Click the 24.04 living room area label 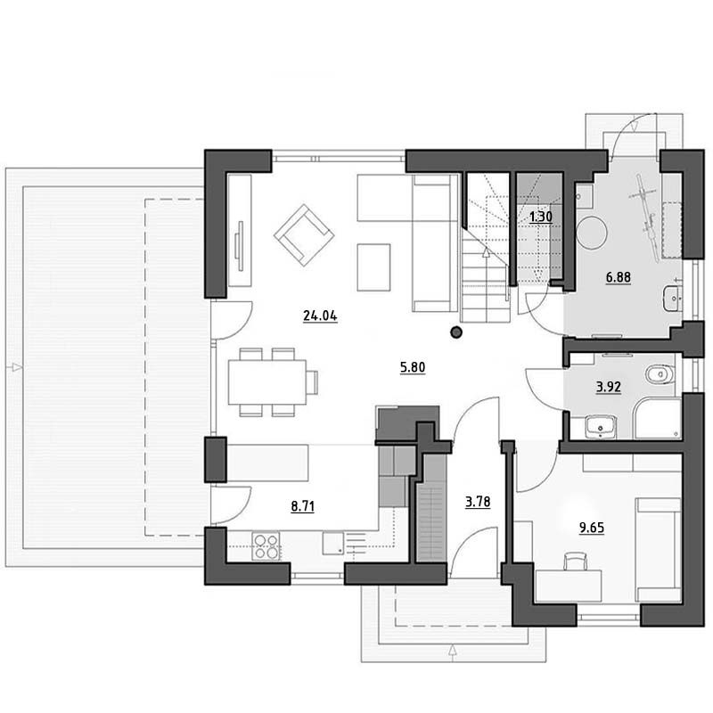tap(320, 316)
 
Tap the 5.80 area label tap(413, 367)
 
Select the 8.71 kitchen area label tap(303, 506)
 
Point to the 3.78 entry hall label tap(478, 502)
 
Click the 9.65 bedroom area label tap(592, 528)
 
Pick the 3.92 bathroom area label tap(609, 388)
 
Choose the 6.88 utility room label tap(619, 277)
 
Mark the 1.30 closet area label tap(541, 217)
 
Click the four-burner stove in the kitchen tap(266, 546)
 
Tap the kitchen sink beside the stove tap(333, 544)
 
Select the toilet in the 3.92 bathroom tap(660, 374)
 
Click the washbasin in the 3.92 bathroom tap(600, 427)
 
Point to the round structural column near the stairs tap(456, 332)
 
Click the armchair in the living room tap(304, 235)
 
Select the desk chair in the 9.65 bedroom tap(575, 561)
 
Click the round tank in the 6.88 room tap(592, 233)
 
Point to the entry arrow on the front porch tap(453, 651)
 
